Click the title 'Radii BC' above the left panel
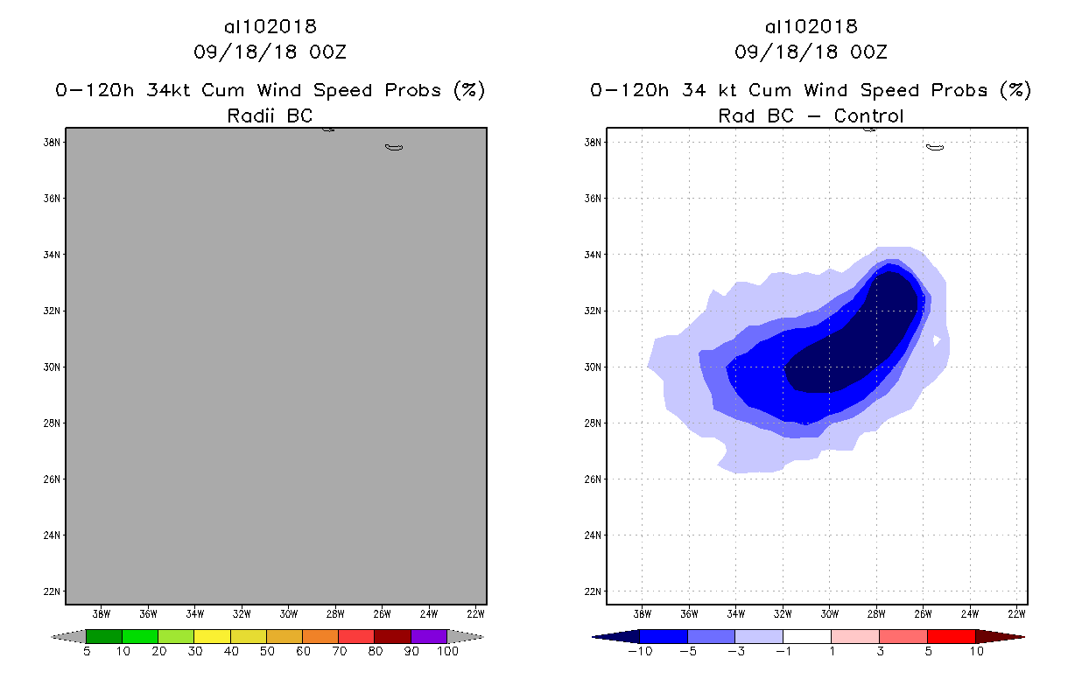point(270,115)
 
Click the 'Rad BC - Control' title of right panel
point(811,115)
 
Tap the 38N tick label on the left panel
point(52,143)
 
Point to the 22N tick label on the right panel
point(593,591)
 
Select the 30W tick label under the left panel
point(289,612)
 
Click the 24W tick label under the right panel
point(970,612)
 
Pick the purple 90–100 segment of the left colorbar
point(429,636)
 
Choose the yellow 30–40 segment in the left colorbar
point(212,636)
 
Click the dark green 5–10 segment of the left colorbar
point(104,636)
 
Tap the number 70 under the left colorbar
point(339,651)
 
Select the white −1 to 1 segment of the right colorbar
point(807,636)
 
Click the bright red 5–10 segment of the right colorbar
point(951,636)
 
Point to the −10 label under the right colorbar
point(639,651)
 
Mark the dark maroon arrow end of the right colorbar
point(999,636)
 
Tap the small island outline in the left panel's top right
point(394,147)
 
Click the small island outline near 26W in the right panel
point(935,147)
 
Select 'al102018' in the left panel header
point(270,27)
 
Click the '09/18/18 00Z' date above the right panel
point(811,52)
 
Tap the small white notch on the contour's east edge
point(937,339)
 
